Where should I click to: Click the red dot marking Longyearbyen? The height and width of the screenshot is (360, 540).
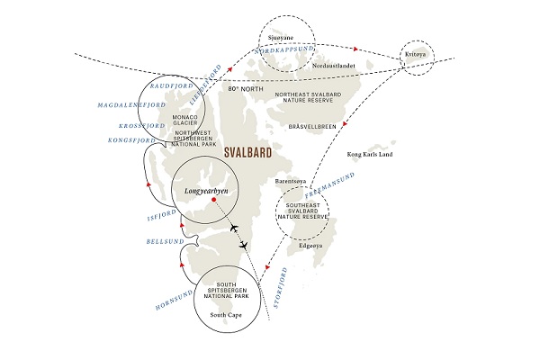[213, 200]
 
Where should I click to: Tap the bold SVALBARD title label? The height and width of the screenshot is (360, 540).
[247, 153]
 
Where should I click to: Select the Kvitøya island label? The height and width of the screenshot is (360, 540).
[415, 54]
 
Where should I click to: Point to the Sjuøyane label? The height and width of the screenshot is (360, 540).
[281, 38]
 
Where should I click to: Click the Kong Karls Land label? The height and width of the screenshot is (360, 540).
[370, 154]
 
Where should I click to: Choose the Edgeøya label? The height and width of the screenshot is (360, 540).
[310, 246]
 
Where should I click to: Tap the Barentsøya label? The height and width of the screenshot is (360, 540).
[291, 181]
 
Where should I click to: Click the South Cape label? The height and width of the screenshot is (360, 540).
[226, 315]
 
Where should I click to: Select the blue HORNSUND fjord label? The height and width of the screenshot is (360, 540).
[174, 301]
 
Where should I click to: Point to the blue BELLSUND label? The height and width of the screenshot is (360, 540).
[166, 241]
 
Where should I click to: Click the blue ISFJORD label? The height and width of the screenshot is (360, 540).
[162, 216]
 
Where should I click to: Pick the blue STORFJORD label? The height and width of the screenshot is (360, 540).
[280, 288]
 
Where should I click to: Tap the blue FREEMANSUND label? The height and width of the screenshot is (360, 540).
[329, 185]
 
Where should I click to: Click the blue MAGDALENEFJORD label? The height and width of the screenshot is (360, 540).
[131, 105]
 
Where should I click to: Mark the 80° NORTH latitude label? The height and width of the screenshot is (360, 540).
[246, 89]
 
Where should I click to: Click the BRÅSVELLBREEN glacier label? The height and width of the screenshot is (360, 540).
[312, 127]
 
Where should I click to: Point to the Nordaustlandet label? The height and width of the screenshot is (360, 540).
[334, 66]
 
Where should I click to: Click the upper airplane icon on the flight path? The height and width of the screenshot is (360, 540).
[234, 228]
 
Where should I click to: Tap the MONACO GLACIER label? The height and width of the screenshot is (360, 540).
[184, 120]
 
